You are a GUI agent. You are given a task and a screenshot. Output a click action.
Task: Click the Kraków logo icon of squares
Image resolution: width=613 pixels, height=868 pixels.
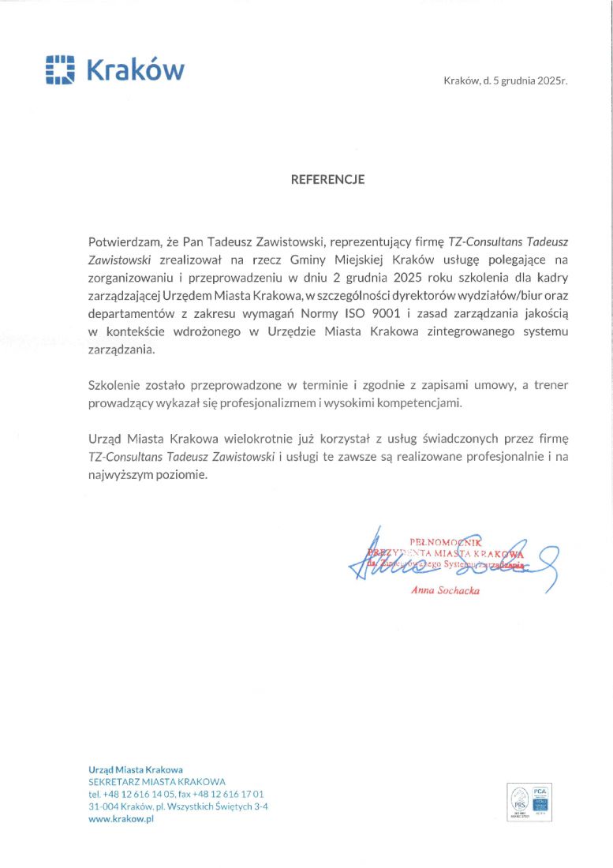[x=60, y=69]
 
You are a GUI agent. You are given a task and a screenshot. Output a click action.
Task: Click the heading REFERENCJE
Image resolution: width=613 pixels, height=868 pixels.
[x=327, y=179]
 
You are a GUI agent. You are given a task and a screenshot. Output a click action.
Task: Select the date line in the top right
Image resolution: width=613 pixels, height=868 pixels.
[x=506, y=80]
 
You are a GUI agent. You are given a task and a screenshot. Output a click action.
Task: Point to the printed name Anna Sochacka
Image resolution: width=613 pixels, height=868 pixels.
[x=445, y=590]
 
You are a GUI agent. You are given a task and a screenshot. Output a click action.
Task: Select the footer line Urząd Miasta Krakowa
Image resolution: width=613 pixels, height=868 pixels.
[x=136, y=769]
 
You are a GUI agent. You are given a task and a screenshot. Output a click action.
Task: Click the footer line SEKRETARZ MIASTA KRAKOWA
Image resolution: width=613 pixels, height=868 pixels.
[x=157, y=781]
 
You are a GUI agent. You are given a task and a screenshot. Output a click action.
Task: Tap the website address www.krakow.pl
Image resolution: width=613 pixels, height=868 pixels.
[x=121, y=819]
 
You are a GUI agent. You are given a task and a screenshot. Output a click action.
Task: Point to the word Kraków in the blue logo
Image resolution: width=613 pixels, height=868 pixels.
[x=135, y=69]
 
